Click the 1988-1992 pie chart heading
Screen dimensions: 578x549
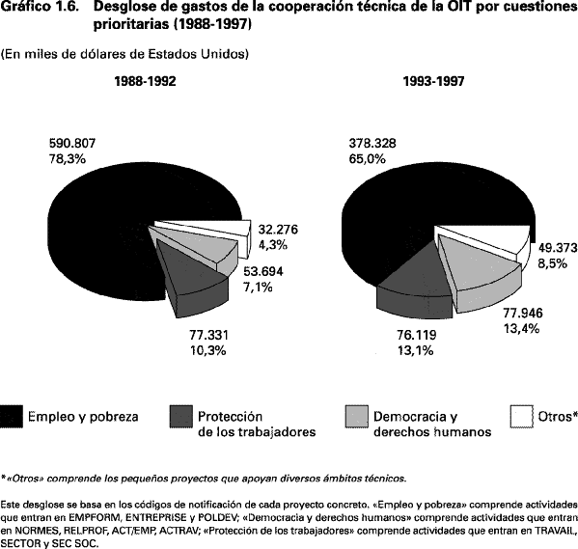146,81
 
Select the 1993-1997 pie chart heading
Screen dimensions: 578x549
434,81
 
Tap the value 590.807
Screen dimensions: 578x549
72,143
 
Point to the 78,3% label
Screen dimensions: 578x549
68,159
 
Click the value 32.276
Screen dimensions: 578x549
278,230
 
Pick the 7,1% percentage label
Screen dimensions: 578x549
258,287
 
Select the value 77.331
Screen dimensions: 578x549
209,335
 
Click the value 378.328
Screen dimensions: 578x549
372,143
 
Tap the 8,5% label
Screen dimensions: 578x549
552,263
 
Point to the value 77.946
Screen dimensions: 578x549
523,313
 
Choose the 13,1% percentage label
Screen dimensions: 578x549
415,350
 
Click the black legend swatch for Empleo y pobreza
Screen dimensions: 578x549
12,417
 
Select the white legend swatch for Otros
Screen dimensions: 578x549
522,417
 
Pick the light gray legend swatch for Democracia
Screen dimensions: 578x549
356,417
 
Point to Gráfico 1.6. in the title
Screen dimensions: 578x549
40,6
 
